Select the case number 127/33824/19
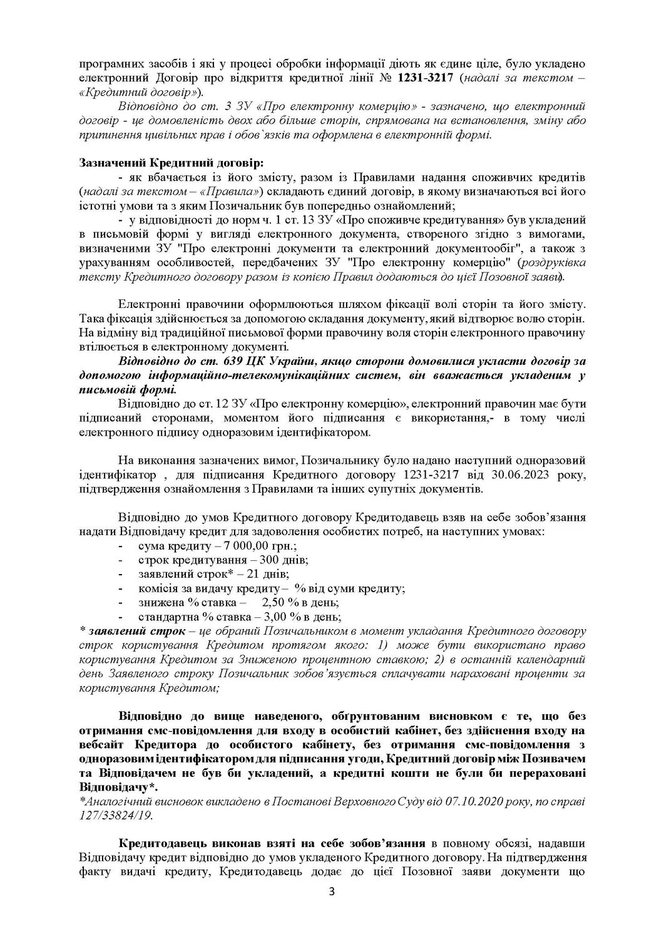point(116,815)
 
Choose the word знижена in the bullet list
point(159,602)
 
